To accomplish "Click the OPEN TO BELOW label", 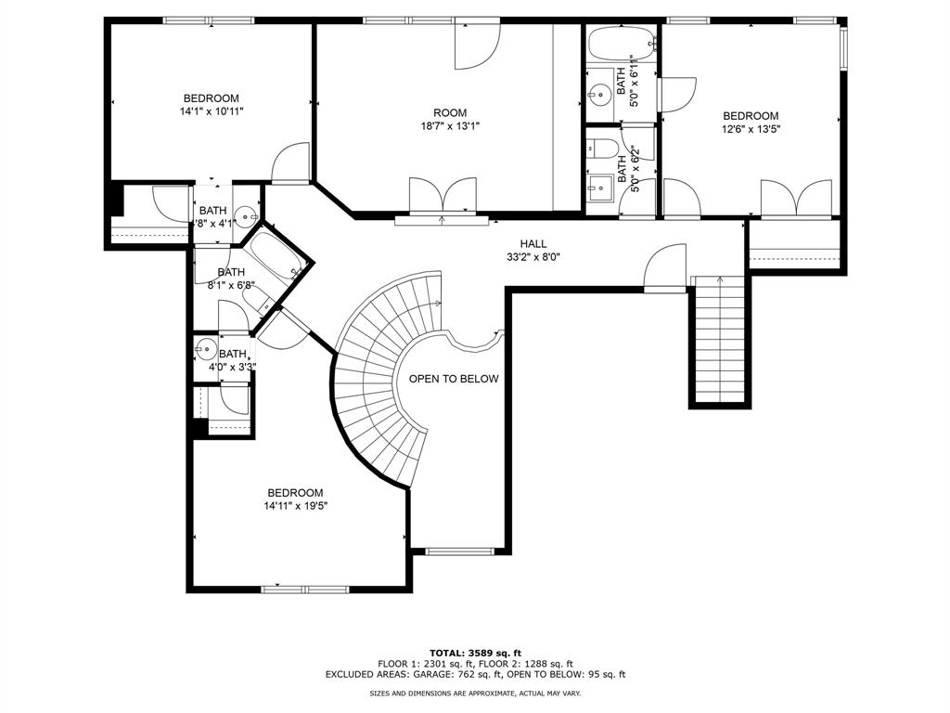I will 454,379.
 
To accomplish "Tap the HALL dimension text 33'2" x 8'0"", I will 533,257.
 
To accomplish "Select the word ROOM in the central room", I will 450,112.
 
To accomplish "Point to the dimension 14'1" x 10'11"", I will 211,111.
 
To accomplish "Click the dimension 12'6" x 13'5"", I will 751,129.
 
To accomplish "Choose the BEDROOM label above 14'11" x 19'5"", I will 295,493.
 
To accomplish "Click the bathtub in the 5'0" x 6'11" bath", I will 621,42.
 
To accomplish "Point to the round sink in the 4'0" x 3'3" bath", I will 205,351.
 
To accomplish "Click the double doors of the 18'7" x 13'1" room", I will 443,197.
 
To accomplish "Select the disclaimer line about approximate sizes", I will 475,694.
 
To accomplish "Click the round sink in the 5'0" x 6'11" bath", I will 597,92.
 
